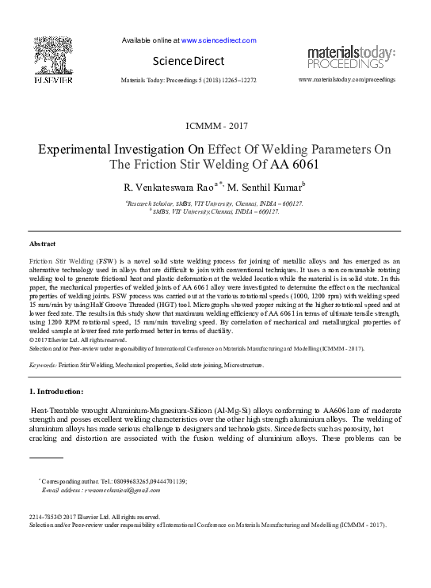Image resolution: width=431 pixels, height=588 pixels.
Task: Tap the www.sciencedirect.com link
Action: pos(219,40)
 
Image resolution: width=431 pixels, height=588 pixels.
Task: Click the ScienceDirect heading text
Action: pos(189,61)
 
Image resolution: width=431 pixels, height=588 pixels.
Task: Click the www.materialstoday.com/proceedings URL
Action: pos(346,80)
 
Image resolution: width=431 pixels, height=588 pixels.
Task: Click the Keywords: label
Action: pos(43,366)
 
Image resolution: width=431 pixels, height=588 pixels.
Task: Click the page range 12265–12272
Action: pos(235,81)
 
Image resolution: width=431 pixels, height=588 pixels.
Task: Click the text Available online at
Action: pos(152,40)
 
